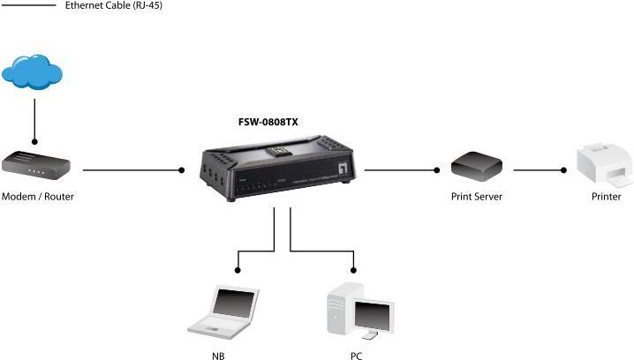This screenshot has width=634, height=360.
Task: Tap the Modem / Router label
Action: click(38, 197)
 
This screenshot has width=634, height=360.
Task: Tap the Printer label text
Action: click(606, 197)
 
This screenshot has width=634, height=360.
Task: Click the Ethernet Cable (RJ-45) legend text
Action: click(114, 6)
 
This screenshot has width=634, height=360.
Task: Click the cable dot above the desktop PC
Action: click(354, 269)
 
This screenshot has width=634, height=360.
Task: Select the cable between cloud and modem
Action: click(34, 119)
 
